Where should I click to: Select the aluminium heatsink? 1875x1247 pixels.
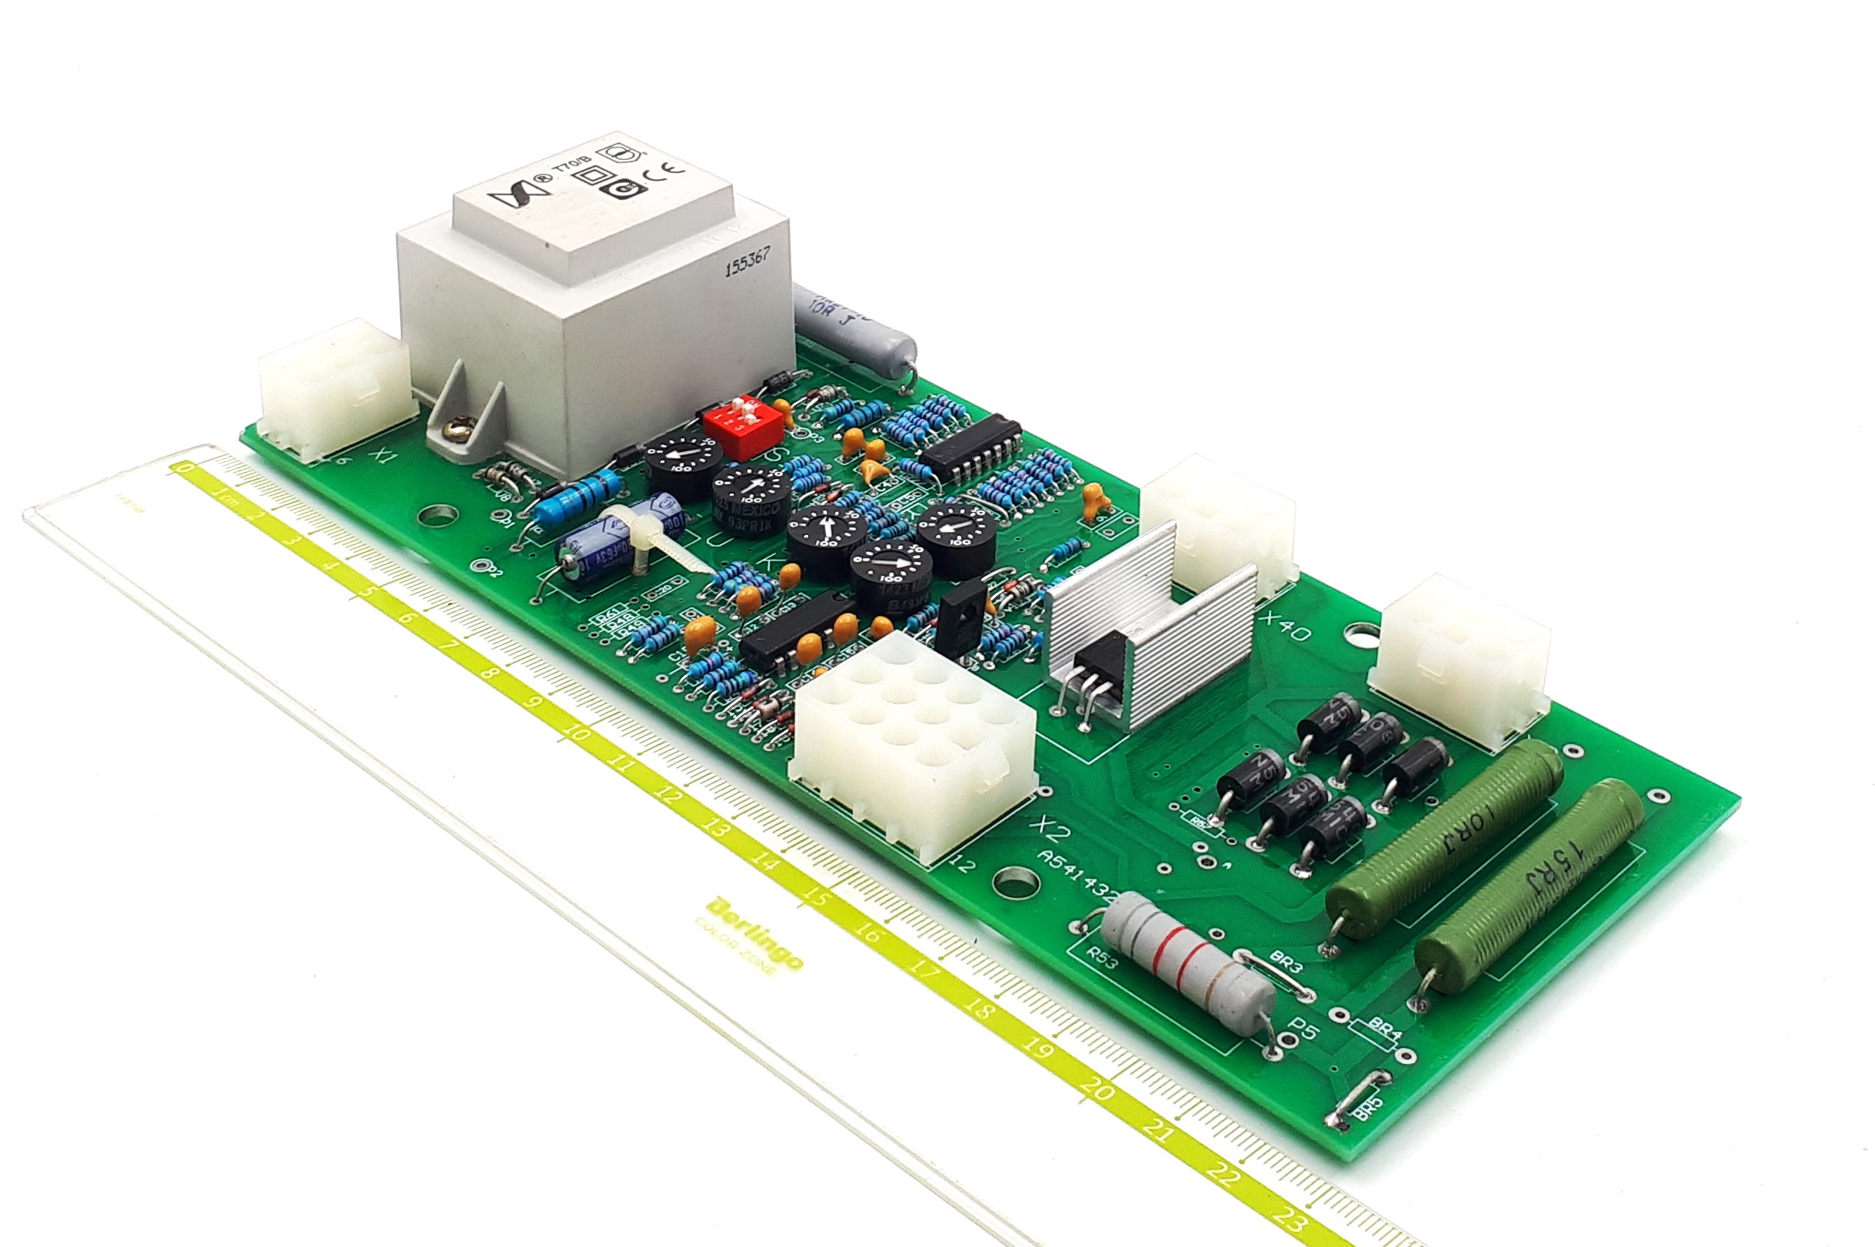(x=1145, y=628)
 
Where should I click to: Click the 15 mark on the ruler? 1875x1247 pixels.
(x=812, y=895)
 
